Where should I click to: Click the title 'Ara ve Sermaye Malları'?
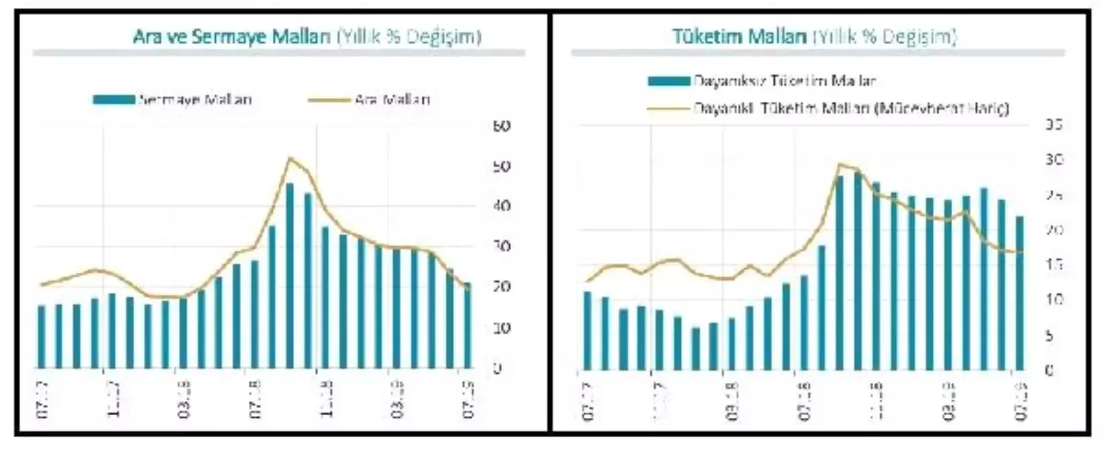point(232,36)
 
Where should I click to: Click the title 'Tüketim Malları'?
point(740,36)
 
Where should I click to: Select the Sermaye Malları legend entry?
point(173,100)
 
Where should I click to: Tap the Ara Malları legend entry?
point(369,100)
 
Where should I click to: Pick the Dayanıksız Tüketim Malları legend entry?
point(762,81)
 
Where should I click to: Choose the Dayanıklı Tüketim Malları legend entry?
point(828,107)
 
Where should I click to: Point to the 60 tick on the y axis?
point(501,126)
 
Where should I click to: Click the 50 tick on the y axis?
point(501,166)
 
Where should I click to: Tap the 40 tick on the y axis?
point(501,206)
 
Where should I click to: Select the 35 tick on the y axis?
point(1054,125)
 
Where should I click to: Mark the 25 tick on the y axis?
point(1054,196)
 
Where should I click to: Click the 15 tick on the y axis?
point(1054,265)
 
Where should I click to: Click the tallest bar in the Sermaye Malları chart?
point(290,275)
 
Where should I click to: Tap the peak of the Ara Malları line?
point(289,158)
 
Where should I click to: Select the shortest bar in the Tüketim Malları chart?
point(696,348)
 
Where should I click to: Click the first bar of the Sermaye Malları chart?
point(42,336)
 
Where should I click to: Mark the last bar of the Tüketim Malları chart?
point(1019,293)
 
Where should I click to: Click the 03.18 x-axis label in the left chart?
point(183,400)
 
